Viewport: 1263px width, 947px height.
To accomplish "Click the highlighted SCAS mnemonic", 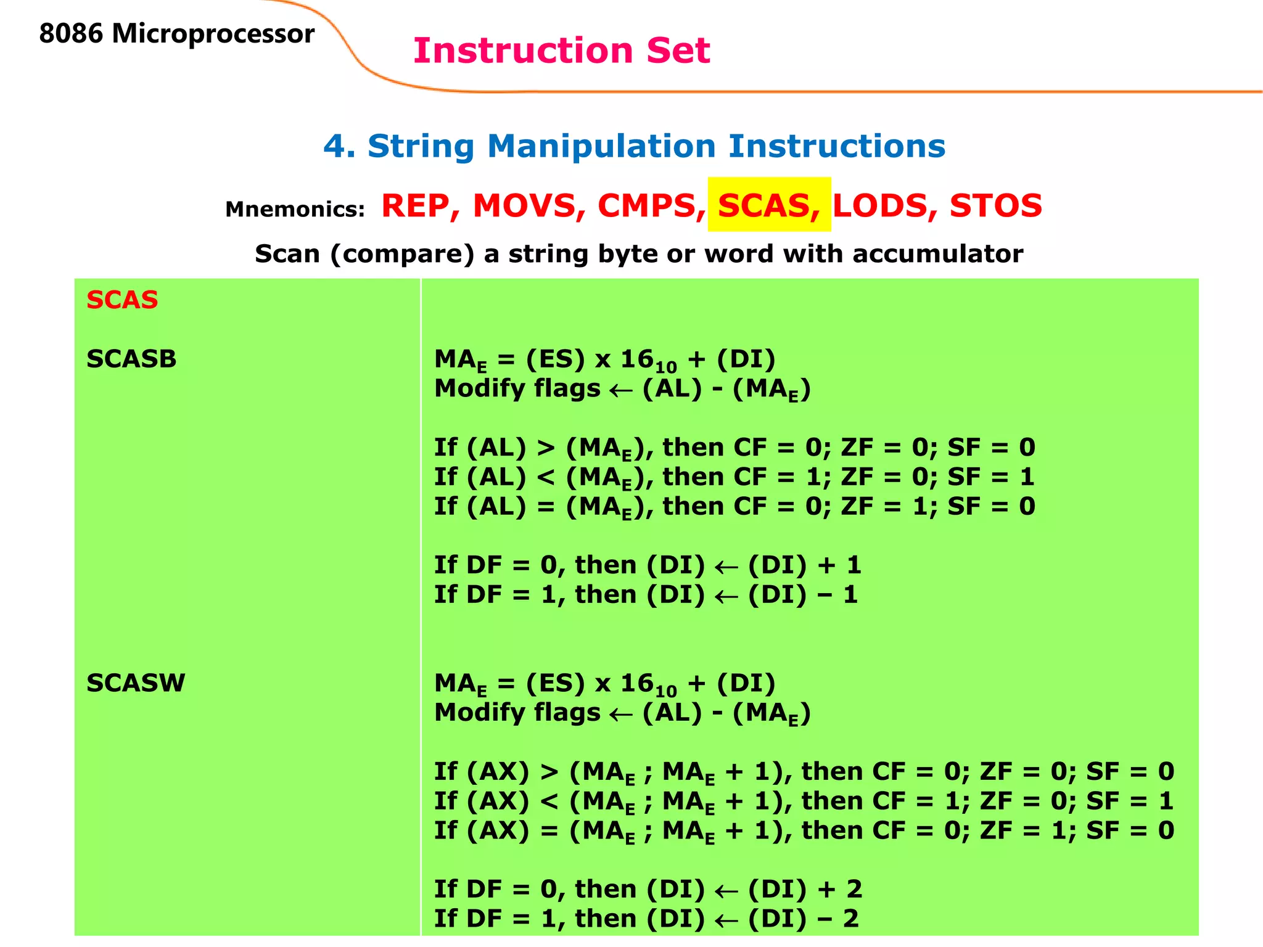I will point(768,205).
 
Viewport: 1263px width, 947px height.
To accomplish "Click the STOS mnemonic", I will point(995,205).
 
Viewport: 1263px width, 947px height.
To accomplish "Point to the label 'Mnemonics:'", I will point(295,210).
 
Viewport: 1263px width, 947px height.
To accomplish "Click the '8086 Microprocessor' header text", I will point(176,34).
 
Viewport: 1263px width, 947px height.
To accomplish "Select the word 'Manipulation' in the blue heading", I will point(601,147).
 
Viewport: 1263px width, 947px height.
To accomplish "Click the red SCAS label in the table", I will point(122,300).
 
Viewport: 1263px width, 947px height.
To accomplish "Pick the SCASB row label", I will point(131,359).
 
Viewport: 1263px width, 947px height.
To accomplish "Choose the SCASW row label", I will point(136,683).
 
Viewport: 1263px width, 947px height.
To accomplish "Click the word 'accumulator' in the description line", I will point(937,254).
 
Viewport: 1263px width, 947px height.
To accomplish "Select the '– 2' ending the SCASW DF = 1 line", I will point(839,919).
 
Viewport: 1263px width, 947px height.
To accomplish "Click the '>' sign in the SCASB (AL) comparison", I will point(546,448).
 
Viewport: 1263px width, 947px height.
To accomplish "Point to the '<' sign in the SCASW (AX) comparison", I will point(549,801).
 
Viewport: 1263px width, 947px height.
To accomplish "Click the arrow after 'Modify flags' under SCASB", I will point(621,390).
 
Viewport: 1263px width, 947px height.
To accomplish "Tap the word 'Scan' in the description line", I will point(287,254).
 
